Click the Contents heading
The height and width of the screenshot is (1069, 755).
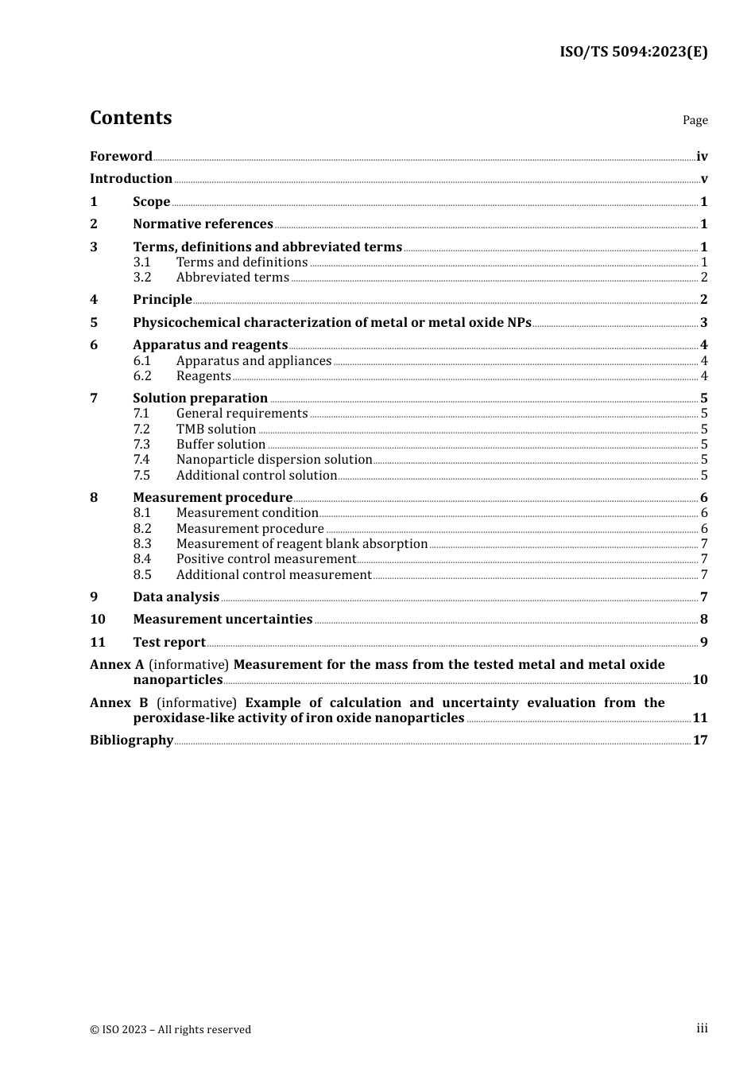click(130, 118)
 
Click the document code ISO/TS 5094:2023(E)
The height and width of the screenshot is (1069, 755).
click(633, 52)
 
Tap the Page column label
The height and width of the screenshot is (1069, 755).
click(695, 120)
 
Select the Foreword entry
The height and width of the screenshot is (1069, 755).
click(121, 156)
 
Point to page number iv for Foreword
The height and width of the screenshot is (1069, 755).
click(702, 157)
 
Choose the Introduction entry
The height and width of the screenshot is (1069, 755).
click(131, 178)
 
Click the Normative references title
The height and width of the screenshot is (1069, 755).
click(203, 224)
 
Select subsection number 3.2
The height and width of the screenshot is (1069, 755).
click(142, 277)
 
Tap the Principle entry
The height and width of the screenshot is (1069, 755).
click(162, 299)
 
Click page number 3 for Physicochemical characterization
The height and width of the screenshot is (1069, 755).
click(703, 322)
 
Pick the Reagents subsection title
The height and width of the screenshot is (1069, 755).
click(203, 375)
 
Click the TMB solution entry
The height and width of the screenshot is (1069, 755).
click(215, 429)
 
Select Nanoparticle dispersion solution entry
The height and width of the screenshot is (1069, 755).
click(274, 459)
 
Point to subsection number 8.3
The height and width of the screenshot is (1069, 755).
click(142, 543)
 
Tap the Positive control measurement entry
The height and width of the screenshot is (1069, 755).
click(265, 558)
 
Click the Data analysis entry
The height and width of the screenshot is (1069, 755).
click(176, 597)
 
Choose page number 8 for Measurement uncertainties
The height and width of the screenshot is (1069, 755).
click(703, 619)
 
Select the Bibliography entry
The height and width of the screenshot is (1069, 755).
click(131, 740)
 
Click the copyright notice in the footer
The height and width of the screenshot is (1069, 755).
click(170, 1029)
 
